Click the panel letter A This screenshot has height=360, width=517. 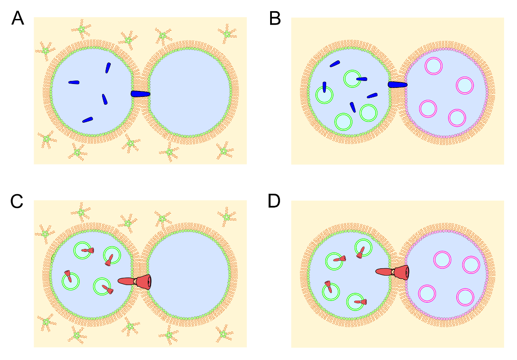(x=18, y=18)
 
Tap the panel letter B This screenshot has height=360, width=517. (x=275, y=18)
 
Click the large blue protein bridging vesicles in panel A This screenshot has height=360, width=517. (x=140, y=94)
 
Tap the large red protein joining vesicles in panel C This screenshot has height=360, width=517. (x=135, y=281)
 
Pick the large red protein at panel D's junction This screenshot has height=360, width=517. (x=392, y=272)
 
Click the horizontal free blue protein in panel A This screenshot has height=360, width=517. (x=74, y=82)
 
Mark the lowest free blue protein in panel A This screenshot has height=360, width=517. (x=88, y=119)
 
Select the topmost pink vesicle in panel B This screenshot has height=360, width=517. (x=433, y=65)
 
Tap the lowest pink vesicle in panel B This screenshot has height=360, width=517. (x=457, y=118)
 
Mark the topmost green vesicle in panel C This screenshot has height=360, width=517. (x=82, y=250)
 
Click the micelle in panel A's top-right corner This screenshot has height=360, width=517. (x=226, y=32)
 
